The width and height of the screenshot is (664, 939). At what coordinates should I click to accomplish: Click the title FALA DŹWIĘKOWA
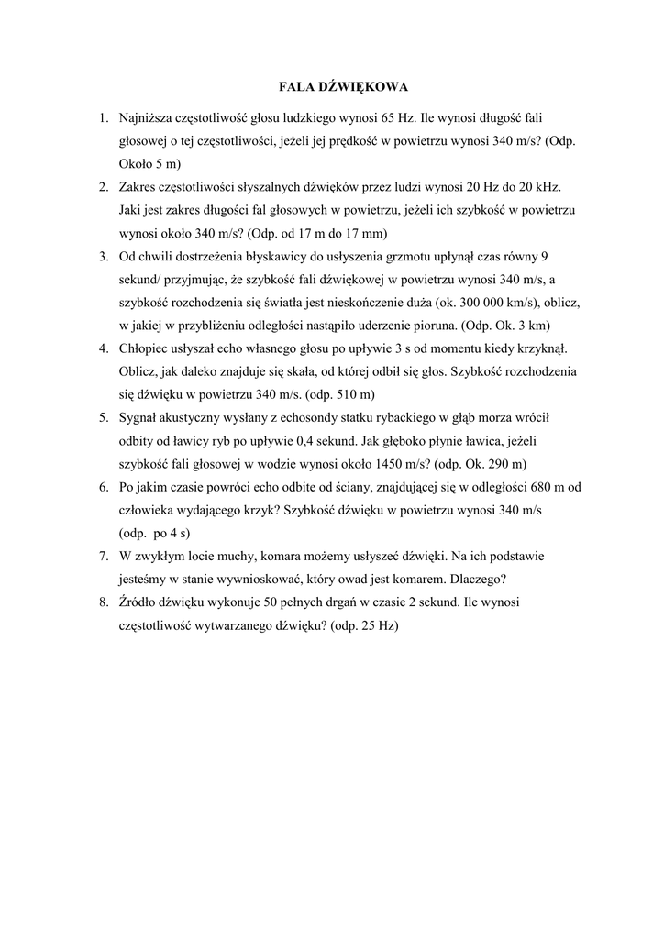click(342, 87)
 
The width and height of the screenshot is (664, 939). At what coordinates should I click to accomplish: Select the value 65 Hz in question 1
click(396, 118)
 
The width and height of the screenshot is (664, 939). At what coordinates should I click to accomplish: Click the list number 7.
click(104, 556)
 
